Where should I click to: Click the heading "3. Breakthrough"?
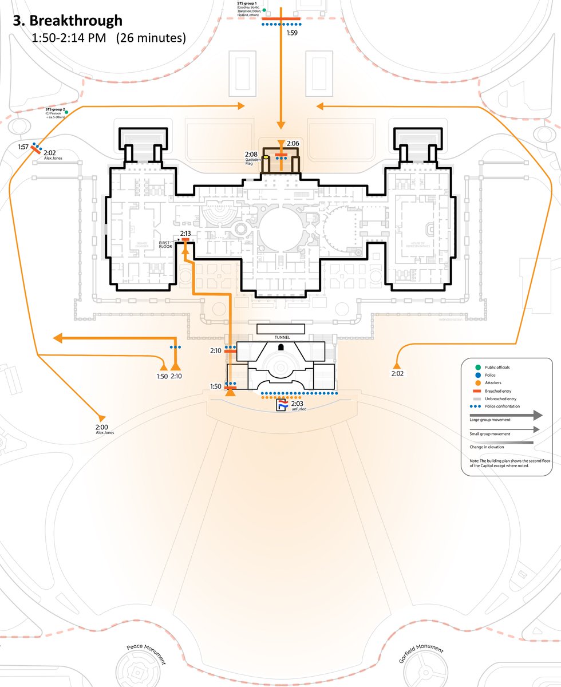coord(68,21)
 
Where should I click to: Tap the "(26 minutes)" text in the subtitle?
coord(151,39)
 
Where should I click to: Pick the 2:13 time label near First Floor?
coord(185,234)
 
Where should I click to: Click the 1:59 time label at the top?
coord(292,33)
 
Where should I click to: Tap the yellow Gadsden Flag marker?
coord(266,156)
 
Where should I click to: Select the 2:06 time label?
coord(293,143)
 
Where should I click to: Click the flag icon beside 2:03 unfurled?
coord(282,405)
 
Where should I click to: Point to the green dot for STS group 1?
coord(264,10)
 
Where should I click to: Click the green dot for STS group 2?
coord(66,112)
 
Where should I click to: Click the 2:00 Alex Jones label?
coord(105,429)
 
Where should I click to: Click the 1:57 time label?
coord(23,147)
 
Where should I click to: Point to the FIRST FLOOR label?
coord(167,246)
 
